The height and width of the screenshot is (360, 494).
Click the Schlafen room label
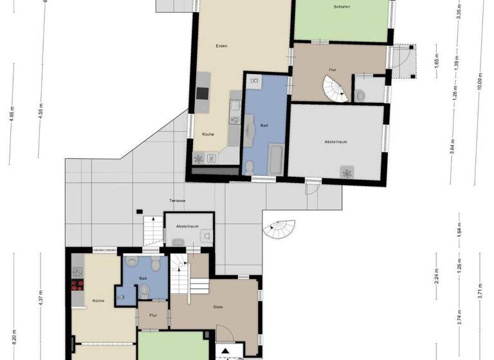[342, 7]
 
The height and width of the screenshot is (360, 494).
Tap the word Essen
[222, 46]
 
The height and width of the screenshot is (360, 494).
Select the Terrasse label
[178, 201]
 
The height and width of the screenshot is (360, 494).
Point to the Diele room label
[218, 307]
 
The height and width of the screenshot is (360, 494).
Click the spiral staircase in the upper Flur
[335, 88]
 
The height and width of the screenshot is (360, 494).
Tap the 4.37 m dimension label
[41, 299]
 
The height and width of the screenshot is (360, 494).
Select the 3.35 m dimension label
[458, 12]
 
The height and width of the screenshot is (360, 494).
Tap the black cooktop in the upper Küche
[204, 93]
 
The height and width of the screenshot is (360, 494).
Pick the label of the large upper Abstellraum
[337, 141]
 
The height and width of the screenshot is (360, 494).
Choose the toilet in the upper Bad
[250, 168]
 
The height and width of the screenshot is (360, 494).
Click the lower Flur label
[153, 316]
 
